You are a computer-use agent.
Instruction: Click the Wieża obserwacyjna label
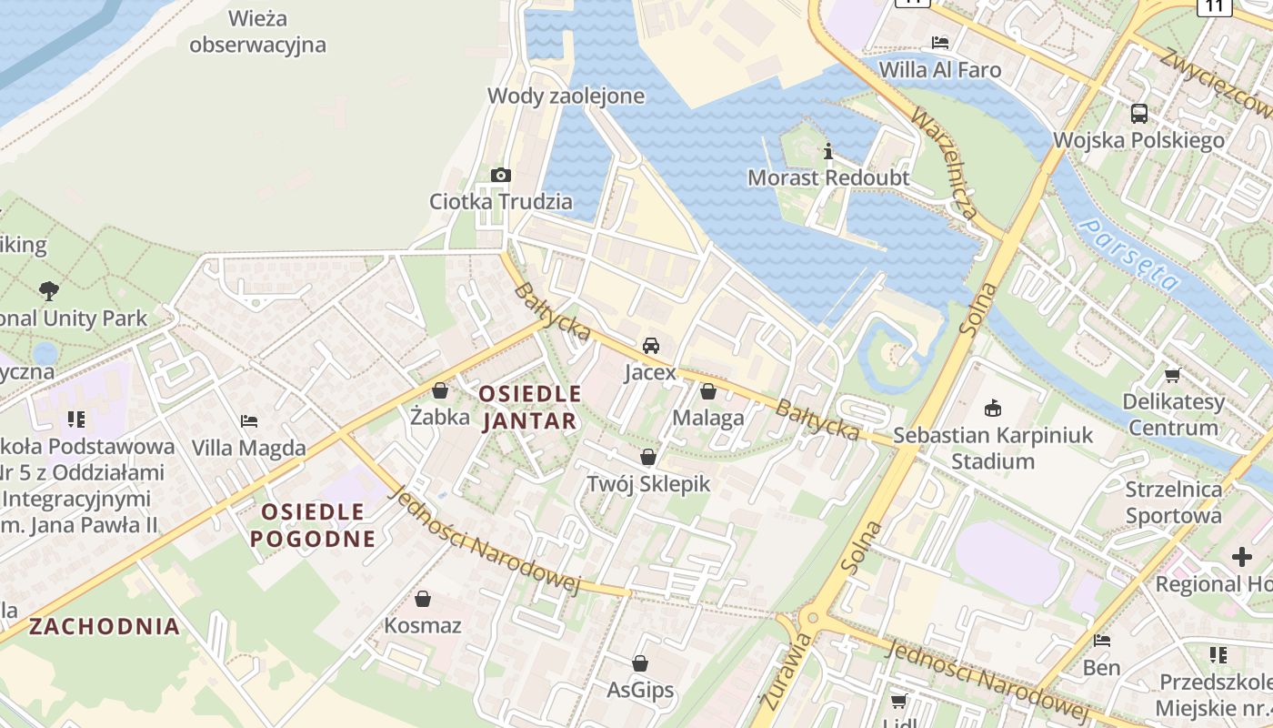point(257,31)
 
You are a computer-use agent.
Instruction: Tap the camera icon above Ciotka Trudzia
point(500,175)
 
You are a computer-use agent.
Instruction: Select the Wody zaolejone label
point(566,96)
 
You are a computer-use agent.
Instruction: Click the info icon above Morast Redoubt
point(827,151)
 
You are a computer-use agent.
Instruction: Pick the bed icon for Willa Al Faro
point(940,43)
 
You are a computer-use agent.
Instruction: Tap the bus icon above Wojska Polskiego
point(1138,114)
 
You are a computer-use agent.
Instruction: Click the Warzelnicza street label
point(946,164)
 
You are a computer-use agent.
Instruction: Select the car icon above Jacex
point(650,346)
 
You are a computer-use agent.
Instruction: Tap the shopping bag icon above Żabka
point(440,390)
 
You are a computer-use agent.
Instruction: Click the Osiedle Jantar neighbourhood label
point(529,407)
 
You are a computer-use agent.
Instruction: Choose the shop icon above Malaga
point(708,391)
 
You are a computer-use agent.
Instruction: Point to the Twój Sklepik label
point(648,483)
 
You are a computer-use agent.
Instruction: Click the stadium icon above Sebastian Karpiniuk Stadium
point(993,408)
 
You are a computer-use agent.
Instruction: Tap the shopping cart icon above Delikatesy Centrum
point(1173,375)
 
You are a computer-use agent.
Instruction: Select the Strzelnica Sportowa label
point(1174,502)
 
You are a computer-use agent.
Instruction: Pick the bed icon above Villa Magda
point(249,420)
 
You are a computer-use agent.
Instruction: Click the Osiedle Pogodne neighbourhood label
point(313,525)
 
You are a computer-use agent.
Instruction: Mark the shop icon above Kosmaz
point(423,599)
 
